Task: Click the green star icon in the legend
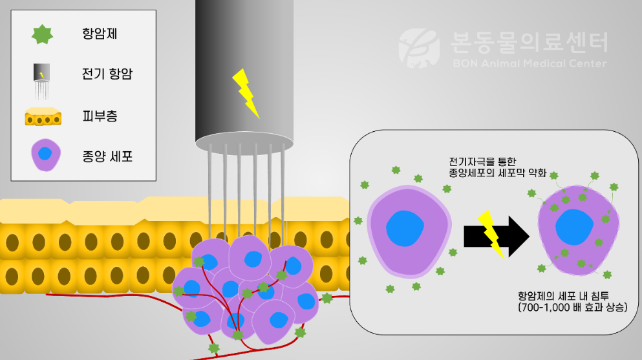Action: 42,34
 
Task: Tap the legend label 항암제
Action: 100,33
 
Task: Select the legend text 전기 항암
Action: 107,74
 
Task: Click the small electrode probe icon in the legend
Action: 41,81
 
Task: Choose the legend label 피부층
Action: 100,116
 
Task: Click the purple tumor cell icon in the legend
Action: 46,154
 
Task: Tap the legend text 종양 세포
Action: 107,156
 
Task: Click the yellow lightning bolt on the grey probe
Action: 246,94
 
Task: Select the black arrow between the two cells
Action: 497,237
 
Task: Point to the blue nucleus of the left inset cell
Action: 405,229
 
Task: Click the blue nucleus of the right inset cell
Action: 575,227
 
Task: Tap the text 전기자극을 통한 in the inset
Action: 482,162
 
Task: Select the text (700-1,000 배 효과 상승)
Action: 572,307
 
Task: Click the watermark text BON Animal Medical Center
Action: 530,63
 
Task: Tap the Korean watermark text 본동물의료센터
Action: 530,43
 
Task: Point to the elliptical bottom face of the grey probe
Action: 244,143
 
